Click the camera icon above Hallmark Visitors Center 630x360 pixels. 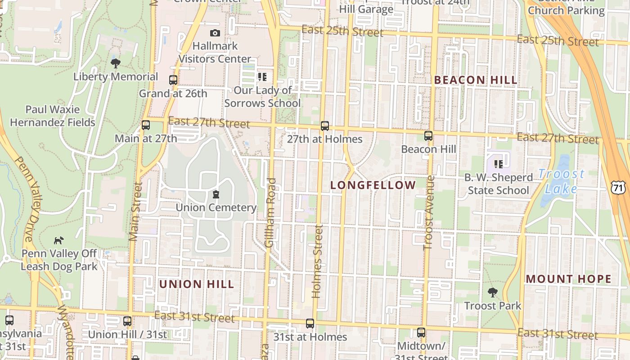pyautogui.click(x=215, y=33)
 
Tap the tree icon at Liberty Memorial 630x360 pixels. pyautogui.click(x=116, y=63)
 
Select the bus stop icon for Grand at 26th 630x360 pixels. pyautogui.click(x=173, y=80)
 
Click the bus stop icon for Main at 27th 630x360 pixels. pyautogui.click(x=146, y=125)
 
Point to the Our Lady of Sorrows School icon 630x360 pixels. pyautogui.click(x=262, y=77)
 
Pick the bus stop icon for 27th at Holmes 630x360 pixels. pyautogui.click(x=325, y=126)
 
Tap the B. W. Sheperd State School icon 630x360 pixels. pyautogui.click(x=498, y=164)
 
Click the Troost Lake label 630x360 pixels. pyautogui.click(x=561, y=181)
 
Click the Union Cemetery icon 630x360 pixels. pyautogui.click(x=216, y=194)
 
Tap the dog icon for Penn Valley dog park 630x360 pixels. pyautogui.click(x=59, y=240)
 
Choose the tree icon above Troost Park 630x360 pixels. pyautogui.click(x=493, y=292)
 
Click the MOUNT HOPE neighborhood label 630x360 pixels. pyautogui.click(x=569, y=279)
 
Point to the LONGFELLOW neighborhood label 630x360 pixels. pyautogui.click(x=373, y=185)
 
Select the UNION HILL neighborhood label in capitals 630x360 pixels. pyautogui.click(x=197, y=284)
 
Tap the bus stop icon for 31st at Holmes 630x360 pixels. pyautogui.click(x=310, y=324)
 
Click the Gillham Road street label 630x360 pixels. pyautogui.click(x=270, y=212)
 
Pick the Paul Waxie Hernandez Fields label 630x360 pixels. pyautogui.click(x=53, y=116)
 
